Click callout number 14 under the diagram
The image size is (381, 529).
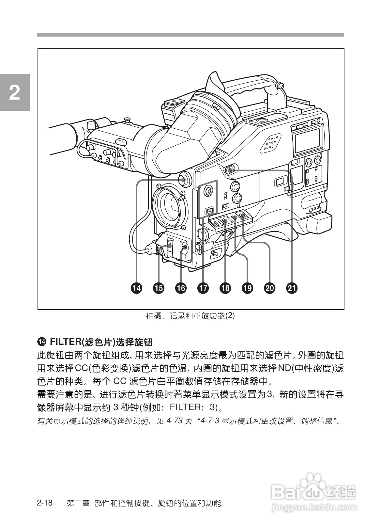(x=137, y=288)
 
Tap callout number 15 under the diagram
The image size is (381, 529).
(x=159, y=288)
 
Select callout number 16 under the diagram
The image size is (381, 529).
(x=181, y=288)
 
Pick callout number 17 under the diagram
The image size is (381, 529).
(x=203, y=288)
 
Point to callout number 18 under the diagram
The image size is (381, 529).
(x=225, y=288)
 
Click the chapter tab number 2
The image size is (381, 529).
(x=15, y=93)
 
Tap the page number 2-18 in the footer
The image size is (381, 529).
(x=45, y=503)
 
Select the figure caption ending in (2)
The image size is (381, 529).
(x=190, y=316)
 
